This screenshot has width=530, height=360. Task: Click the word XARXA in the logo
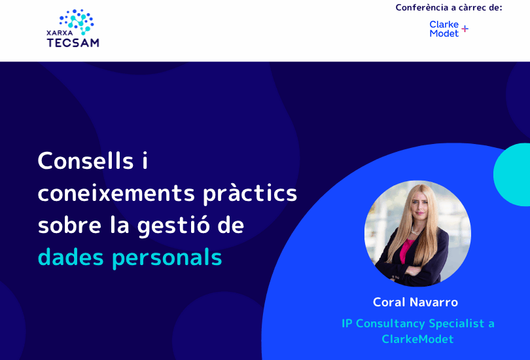tap(60, 33)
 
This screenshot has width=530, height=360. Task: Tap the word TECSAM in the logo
tap(73, 43)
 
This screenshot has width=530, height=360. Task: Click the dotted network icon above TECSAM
tap(77, 22)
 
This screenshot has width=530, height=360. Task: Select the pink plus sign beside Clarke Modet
tap(465, 29)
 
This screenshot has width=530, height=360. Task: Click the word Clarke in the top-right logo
tap(444, 24)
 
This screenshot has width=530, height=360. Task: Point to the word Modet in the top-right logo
tap(444, 33)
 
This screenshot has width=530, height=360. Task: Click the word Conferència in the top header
tap(420, 7)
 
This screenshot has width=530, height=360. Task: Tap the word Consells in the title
tap(86, 160)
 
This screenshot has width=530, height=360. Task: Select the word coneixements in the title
tap(116, 193)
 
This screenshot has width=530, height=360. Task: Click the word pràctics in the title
tap(250, 194)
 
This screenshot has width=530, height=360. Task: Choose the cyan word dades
tap(71, 257)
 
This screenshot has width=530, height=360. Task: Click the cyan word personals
tap(167, 259)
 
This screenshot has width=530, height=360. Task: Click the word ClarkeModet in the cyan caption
tap(417, 339)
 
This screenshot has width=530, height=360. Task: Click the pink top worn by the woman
tap(406, 249)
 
